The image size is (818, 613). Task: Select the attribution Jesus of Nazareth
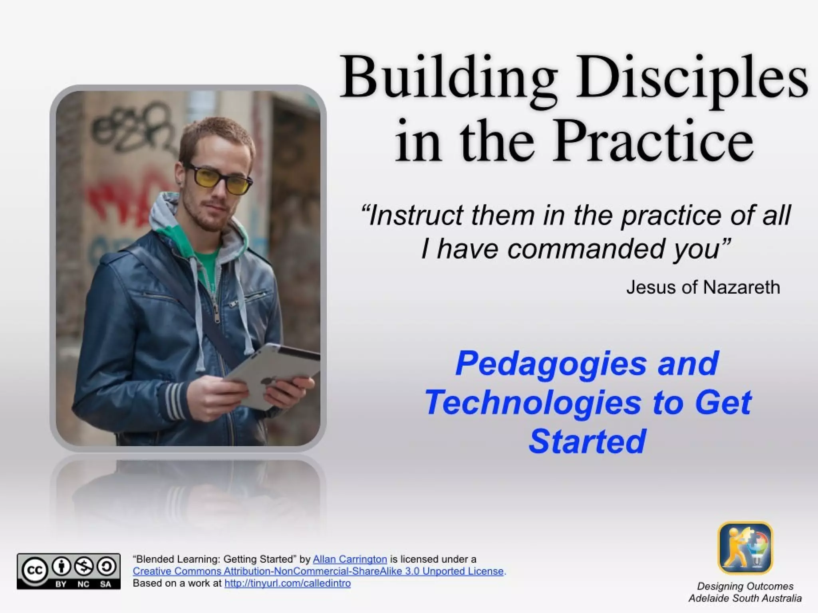click(x=703, y=287)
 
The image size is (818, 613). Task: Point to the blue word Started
click(x=587, y=441)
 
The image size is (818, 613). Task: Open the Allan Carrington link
click(x=349, y=559)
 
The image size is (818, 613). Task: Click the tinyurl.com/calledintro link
click(x=288, y=583)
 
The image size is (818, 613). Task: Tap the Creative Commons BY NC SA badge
click(x=68, y=571)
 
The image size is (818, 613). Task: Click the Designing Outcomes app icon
click(x=745, y=548)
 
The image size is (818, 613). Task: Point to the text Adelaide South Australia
click(x=745, y=598)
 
